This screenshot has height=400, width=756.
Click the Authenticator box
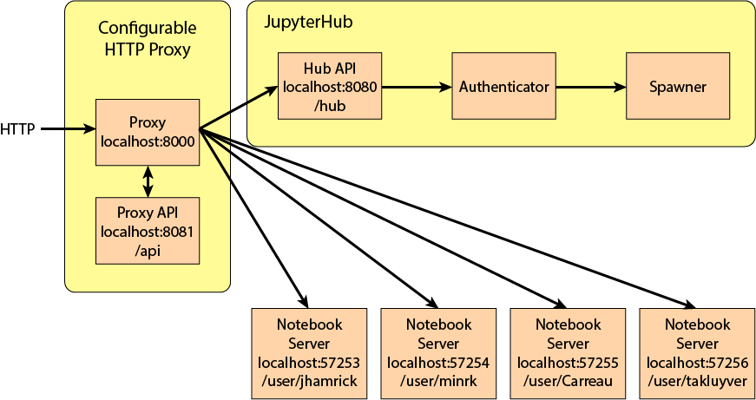[x=503, y=87]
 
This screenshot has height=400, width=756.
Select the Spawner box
[x=677, y=87]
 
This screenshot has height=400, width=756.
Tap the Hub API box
[x=330, y=87]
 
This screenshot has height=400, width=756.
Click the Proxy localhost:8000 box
[x=148, y=132]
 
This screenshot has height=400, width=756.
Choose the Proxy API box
[x=148, y=231]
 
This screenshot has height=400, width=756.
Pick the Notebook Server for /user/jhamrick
[x=308, y=351]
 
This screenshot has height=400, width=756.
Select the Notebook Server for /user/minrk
[x=438, y=351]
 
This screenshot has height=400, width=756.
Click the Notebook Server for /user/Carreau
[x=568, y=351]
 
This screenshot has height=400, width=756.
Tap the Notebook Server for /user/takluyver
[x=697, y=351]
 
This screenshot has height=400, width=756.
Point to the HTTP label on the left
[x=17, y=130]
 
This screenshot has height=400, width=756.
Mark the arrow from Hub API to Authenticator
[x=417, y=87]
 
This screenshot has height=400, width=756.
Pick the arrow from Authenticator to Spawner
[x=590, y=87]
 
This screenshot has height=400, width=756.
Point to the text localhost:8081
[x=148, y=232]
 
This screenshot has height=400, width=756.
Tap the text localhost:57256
[x=697, y=363]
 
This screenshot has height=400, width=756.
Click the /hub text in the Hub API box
[x=330, y=105]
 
